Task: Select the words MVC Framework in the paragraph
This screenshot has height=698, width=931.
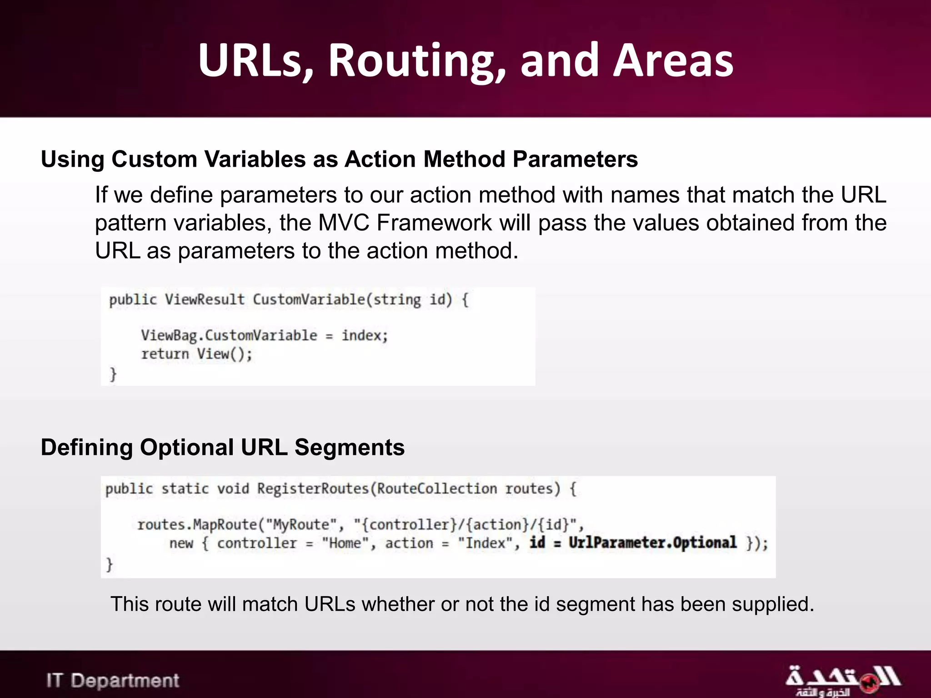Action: [405, 223]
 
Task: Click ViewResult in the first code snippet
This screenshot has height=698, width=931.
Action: [205, 300]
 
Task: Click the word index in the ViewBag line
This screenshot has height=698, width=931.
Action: [362, 336]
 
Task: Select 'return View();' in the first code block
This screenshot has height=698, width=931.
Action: [196, 354]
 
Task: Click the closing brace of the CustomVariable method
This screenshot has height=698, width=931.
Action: [113, 374]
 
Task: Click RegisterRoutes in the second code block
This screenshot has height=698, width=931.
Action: [313, 489]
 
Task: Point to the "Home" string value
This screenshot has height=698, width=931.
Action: [345, 543]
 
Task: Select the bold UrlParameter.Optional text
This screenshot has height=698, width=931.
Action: [652, 543]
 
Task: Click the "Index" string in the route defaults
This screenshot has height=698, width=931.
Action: [485, 543]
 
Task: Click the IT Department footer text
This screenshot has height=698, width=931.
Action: [113, 681]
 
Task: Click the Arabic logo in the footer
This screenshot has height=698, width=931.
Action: [842, 680]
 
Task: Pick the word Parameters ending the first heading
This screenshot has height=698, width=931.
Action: [575, 160]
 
